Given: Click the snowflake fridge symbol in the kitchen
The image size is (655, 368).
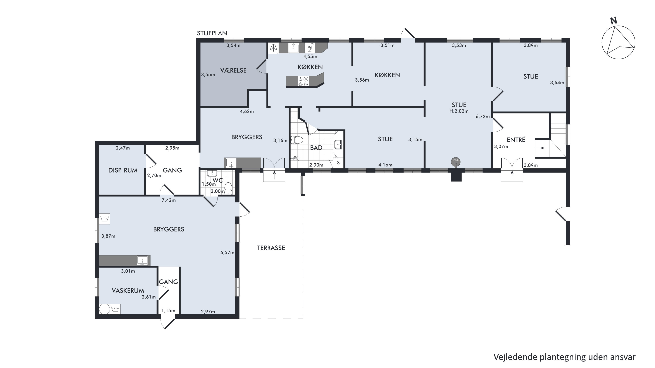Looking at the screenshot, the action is [x=273, y=48].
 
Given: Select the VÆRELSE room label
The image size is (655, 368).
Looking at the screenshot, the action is [x=233, y=70].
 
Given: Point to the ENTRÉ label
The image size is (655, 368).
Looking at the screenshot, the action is [x=516, y=140].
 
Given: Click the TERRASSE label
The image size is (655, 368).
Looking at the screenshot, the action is [x=271, y=248].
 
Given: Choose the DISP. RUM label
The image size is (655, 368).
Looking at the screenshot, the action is [x=123, y=170].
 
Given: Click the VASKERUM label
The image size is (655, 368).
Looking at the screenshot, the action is [x=128, y=291].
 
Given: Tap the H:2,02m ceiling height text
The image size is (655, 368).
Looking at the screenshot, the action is [x=459, y=111].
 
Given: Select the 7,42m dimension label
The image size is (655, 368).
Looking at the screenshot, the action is [x=169, y=200].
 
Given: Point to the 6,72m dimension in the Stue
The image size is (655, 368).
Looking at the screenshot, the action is [x=483, y=116].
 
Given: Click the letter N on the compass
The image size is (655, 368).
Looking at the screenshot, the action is [x=614, y=21].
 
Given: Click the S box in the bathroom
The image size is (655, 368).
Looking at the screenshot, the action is [x=338, y=163].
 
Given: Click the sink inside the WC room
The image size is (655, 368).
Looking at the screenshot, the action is [x=212, y=174].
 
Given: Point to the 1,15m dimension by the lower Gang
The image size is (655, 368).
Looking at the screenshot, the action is [x=168, y=311].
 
